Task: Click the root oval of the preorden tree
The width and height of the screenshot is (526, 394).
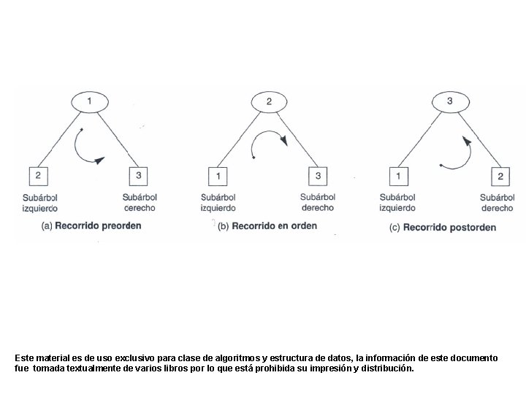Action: coord(90,102)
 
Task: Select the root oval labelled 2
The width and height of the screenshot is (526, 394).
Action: coord(269,102)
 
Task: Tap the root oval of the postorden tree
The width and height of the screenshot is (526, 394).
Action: coord(450,102)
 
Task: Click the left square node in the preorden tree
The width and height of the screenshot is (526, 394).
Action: coord(38,177)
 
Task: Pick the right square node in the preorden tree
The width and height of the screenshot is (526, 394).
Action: coord(138,177)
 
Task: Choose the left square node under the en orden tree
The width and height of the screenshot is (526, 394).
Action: coord(218,177)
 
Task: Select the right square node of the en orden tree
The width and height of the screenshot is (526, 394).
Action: coord(318,177)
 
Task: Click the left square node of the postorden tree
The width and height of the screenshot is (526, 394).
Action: coord(399,177)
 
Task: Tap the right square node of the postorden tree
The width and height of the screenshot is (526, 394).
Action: coord(500,177)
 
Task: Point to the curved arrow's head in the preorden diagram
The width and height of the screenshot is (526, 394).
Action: coord(99,161)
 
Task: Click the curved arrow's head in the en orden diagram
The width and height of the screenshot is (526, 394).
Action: coord(284,140)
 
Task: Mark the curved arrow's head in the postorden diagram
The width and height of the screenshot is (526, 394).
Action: coord(467,141)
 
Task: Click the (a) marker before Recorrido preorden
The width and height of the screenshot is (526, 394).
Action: coord(47,226)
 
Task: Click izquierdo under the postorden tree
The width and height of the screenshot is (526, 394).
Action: coord(397,209)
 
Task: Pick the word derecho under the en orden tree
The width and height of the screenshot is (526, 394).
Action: coord(318,208)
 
